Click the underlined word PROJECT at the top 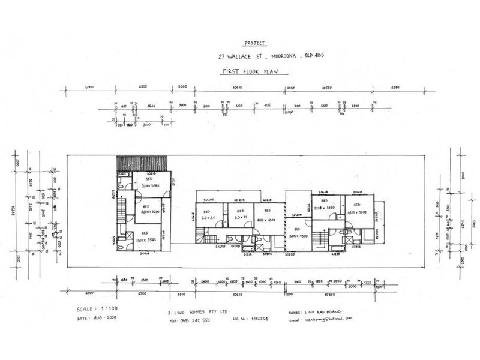click(254, 44)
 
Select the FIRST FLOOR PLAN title click(254, 71)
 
